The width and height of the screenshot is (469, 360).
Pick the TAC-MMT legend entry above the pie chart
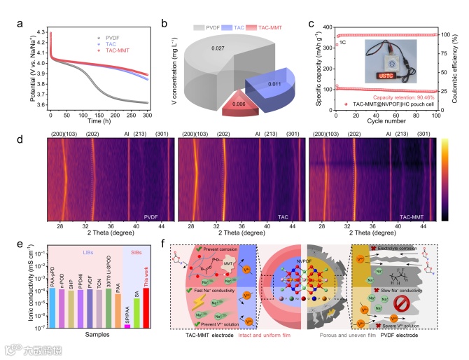point(255,12)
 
